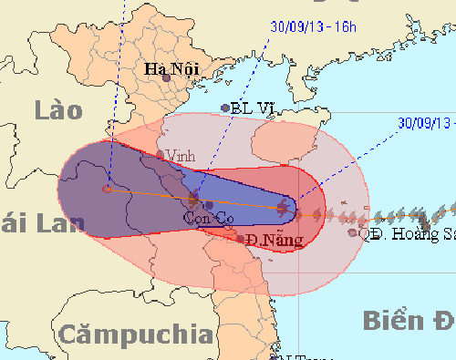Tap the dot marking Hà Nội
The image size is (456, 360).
click(167, 78)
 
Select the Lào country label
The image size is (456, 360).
click(57, 111)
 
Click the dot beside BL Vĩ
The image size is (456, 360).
click(225, 108)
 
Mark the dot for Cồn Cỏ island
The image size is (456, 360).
click(209, 205)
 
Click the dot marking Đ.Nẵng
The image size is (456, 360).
click(240, 239)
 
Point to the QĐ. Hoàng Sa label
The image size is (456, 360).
click(407, 233)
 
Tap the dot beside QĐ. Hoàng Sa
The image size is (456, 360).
click(353, 232)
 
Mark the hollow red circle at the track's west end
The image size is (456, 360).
click(107, 189)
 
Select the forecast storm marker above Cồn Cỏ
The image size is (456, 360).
click(193, 198)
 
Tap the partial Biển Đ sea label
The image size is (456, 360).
click(408, 321)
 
